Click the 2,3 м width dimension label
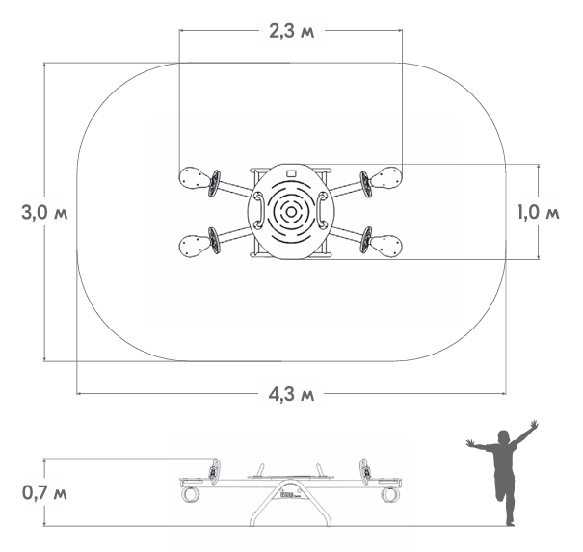[x=291, y=31]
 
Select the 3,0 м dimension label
[x=44, y=213]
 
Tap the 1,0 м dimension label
[x=539, y=213]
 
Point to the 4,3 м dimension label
[x=291, y=394]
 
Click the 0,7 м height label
[x=44, y=493]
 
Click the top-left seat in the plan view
[x=195, y=177]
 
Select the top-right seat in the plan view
[x=386, y=177]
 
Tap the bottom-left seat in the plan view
[x=195, y=246]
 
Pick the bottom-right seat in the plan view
[x=386, y=246]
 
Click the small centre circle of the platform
[x=291, y=213]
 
